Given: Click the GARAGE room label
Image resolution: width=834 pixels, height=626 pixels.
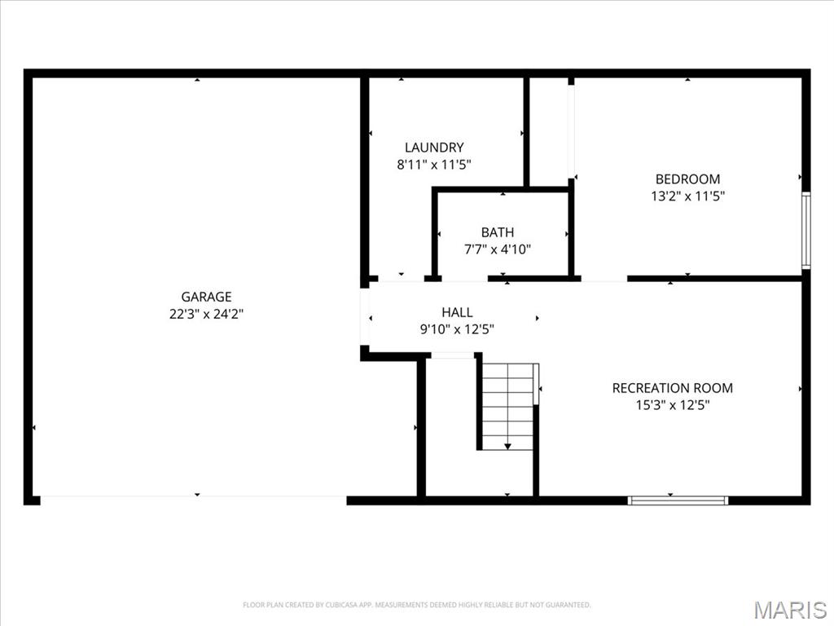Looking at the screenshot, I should click(x=206, y=298).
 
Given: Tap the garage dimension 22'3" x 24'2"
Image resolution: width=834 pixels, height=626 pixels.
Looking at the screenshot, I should click(x=206, y=314).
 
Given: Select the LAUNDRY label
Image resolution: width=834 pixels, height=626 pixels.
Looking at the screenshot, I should click(x=434, y=148).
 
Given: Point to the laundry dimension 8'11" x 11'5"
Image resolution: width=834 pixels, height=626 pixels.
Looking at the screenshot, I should click(x=434, y=164).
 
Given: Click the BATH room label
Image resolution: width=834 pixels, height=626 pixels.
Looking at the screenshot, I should click(x=497, y=233).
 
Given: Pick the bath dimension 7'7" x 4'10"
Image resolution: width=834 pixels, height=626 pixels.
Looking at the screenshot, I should click(x=497, y=249).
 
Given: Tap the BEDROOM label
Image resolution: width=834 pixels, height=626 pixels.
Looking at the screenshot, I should click(x=687, y=179).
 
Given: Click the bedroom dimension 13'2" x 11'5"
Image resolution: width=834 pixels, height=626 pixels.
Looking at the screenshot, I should click(x=687, y=196).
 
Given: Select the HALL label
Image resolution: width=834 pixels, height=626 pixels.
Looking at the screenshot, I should click(x=457, y=312).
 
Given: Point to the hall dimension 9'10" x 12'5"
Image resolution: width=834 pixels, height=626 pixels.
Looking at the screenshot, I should click(x=457, y=329).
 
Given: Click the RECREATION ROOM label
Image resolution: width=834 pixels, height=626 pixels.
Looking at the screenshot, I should click(x=672, y=388).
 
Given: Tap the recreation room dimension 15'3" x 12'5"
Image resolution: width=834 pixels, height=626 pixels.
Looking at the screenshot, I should click(x=672, y=404).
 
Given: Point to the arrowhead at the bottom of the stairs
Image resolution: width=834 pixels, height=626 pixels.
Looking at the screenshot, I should click(x=508, y=447).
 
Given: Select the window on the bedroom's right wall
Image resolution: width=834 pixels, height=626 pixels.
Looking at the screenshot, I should click(x=805, y=230).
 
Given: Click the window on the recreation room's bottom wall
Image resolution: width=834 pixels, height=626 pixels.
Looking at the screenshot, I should click(x=678, y=500).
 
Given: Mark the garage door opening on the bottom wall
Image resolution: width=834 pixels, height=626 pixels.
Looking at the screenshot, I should click(x=193, y=498).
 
